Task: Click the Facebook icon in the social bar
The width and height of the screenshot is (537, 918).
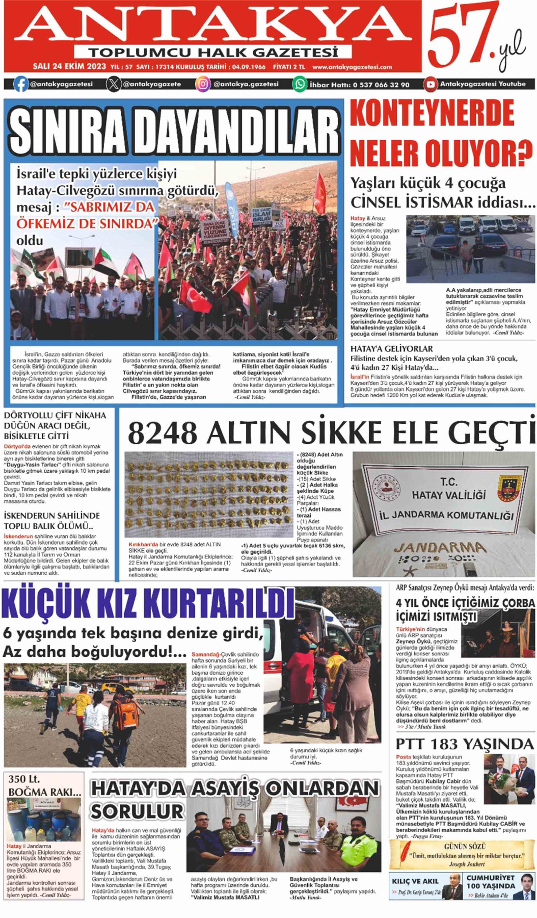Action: point(21,84)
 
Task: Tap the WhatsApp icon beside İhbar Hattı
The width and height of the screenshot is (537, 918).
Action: point(300,84)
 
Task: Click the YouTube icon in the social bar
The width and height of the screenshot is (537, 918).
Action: point(430,84)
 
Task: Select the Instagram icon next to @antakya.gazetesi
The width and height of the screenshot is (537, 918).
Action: point(203,84)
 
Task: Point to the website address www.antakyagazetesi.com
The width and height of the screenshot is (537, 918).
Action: point(352,67)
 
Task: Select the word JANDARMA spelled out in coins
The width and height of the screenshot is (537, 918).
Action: point(440,548)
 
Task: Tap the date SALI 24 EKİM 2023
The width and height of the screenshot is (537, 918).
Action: point(69,67)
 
